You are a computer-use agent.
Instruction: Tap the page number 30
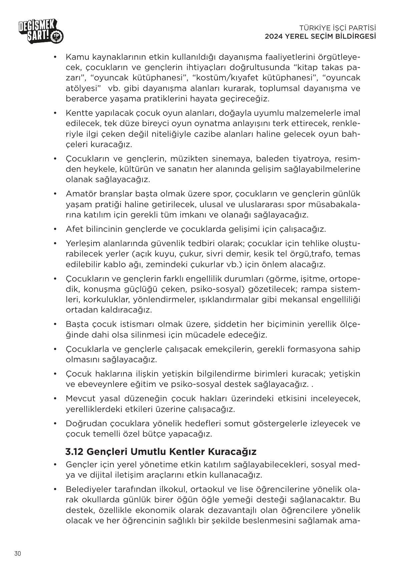(18, 554)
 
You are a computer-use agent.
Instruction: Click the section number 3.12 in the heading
(74, 452)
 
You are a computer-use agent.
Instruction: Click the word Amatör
(80, 194)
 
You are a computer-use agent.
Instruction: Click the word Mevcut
(79, 399)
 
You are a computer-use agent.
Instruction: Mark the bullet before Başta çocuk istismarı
(55, 324)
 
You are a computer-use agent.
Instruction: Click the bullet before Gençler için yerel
(55, 465)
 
